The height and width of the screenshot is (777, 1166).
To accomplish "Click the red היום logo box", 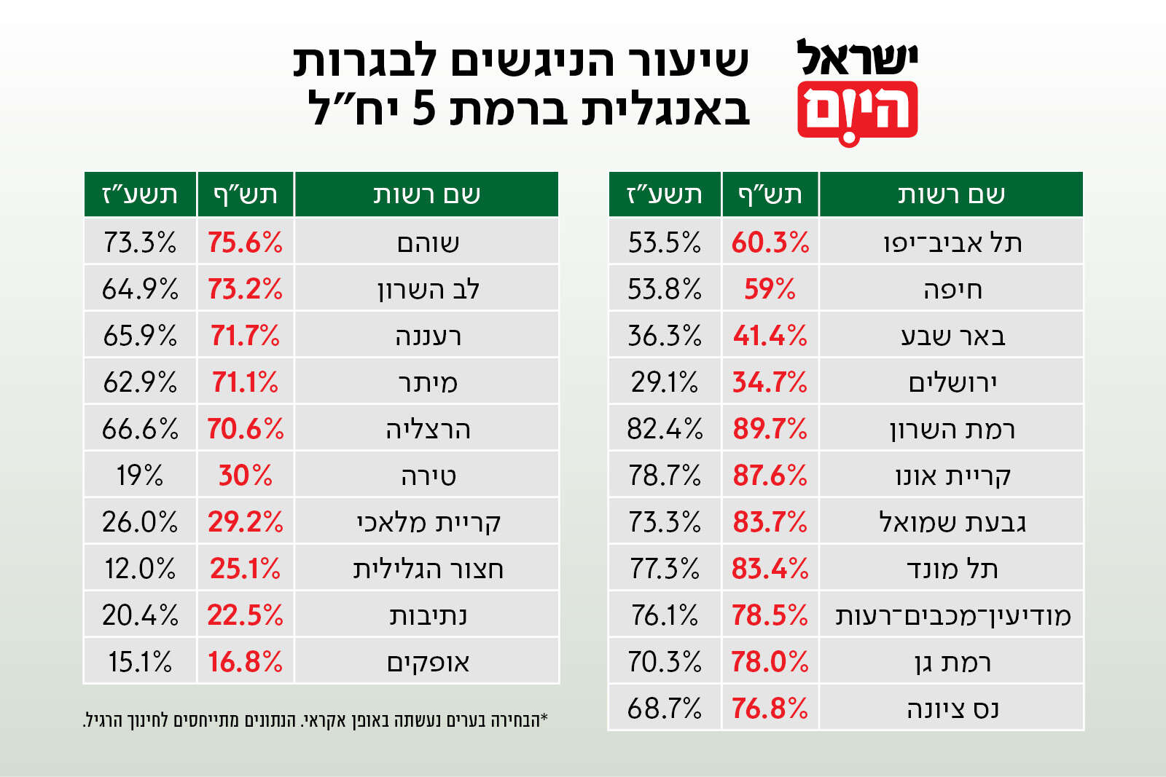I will [858, 111].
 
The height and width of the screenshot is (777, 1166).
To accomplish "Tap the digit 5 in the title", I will [423, 110].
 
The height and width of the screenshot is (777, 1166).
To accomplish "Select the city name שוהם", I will [428, 242].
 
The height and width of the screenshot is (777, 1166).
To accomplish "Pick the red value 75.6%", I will [245, 242].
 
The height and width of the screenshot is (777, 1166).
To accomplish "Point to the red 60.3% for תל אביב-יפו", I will [770, 242].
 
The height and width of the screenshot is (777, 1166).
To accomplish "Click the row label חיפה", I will [952, 289].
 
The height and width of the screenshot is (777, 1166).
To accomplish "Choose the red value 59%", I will [770, 289].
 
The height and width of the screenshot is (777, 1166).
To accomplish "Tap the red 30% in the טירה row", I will [245, 476].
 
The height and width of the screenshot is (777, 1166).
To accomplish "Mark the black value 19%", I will [139, 476].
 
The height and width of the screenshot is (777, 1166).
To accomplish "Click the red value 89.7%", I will [770, 429].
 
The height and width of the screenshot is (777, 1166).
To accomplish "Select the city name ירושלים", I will [952, 382].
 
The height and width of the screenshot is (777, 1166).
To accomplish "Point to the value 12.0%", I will [139, 569].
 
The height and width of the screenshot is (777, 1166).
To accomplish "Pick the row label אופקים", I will [428, 662].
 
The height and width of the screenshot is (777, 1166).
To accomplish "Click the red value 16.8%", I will [245, 662].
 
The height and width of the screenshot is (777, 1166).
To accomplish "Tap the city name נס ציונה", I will [952, 709].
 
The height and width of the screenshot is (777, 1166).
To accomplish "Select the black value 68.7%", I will [664, 709].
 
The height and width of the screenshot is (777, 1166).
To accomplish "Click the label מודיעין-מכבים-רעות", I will [952, 615].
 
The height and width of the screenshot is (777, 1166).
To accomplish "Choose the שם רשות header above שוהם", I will [427, 194].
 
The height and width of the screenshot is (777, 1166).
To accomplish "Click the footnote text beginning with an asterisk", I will [316, 720].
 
